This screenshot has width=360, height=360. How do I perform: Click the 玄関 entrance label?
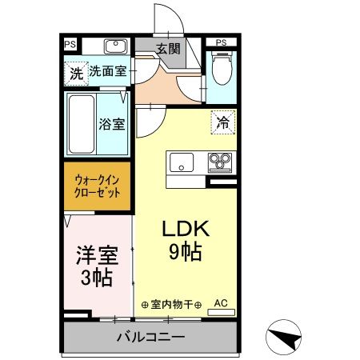[168, 49]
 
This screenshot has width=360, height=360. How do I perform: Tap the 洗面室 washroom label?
[106, 71]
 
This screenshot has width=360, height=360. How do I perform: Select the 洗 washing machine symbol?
[74, 72]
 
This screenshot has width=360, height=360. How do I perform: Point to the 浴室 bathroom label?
[110, 125]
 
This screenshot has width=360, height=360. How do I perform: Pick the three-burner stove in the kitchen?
[218, 162]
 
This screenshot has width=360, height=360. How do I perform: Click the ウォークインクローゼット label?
[98, 186]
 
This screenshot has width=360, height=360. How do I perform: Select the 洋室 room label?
[97, 256]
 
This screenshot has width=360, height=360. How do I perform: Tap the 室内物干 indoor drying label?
[173, 304]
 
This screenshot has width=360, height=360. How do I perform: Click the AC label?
[221, 304]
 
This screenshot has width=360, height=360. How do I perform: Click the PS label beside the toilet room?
[220, 42]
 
